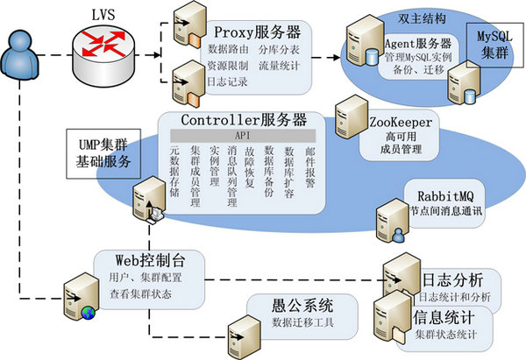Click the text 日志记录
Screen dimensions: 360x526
tap(226, 81)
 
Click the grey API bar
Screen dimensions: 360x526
tap(243, 136)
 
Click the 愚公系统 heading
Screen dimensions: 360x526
tap(302, 306)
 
